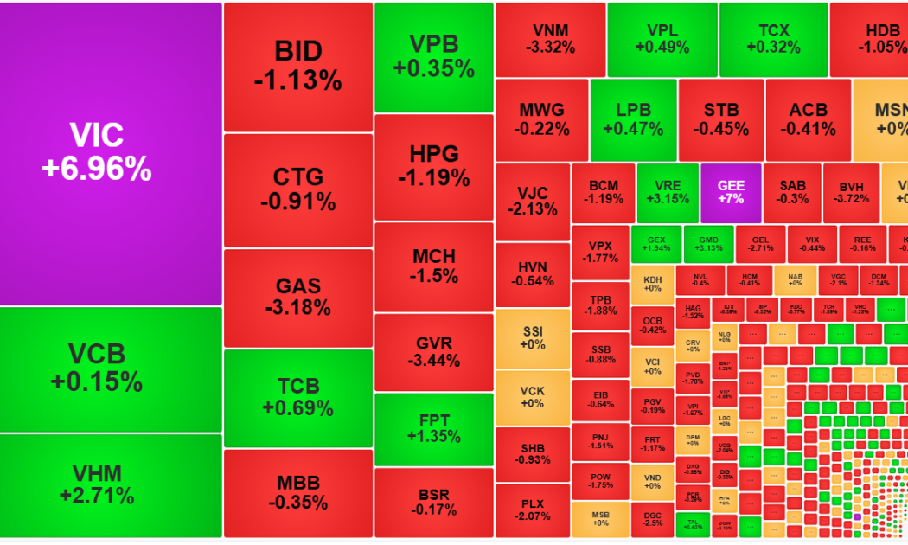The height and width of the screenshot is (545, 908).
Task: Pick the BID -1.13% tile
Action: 297,67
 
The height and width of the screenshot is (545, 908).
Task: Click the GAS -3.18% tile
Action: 297,297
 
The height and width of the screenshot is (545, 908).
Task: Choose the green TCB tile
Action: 297,397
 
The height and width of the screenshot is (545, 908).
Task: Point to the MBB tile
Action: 297,492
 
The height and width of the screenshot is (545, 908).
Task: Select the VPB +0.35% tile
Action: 433,57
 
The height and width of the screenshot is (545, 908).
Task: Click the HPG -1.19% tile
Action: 433,166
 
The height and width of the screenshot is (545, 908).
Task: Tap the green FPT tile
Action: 433,428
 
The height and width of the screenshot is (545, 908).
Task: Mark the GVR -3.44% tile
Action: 433,352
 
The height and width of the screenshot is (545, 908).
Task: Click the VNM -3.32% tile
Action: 549,39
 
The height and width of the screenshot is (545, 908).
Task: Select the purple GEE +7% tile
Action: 730,191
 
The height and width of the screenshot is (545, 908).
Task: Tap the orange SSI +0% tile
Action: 533,338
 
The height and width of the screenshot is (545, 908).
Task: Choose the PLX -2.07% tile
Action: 533,510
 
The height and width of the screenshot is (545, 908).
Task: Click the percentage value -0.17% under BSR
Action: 433,510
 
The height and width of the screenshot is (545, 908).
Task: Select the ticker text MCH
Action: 433,257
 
